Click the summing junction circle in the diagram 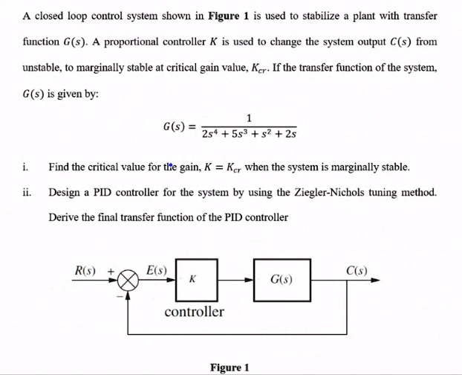coord(129,281)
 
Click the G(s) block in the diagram coord(281,281)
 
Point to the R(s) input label coord(89,269)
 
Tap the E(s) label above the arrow coord(157,269)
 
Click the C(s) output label coord(359,269)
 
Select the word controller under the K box coord(194,311)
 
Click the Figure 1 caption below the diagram coord(230,367)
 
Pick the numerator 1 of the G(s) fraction coord(249,117)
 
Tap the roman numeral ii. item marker coord(27,192)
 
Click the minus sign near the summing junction coord(117,295)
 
